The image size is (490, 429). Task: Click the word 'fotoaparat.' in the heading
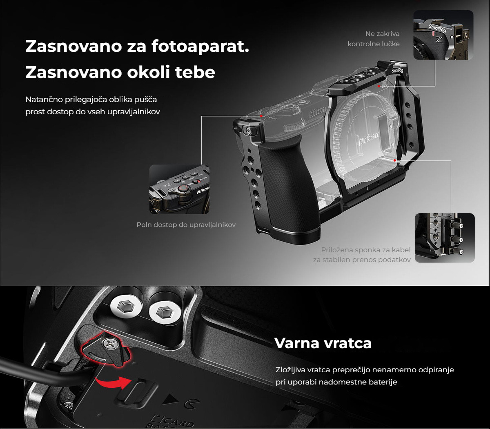[x=200, y=46]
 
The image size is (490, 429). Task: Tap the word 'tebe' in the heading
[x=195, y=72]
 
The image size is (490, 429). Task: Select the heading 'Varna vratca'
[x=323, y=343]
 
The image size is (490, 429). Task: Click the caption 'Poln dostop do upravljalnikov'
[x=186, y=225]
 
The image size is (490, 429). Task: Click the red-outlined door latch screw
[x=109, y=344]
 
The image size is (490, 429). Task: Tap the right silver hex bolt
[x=165, y=312]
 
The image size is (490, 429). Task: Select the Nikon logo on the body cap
[x=369, y=139]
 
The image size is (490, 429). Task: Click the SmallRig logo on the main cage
[x=397, y=70]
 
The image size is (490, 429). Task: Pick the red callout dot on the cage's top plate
[x=379, y=86]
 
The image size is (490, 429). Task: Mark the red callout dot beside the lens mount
[x=395, y=160]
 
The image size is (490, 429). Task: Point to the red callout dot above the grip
[x=261, y=116]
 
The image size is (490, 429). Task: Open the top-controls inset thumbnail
[x=179, y=189]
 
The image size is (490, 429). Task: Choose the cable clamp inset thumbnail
[x=445, y=238]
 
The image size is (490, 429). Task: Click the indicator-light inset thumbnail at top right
[x=443, y=35]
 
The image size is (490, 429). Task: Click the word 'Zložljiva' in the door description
[x=290, y=370]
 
